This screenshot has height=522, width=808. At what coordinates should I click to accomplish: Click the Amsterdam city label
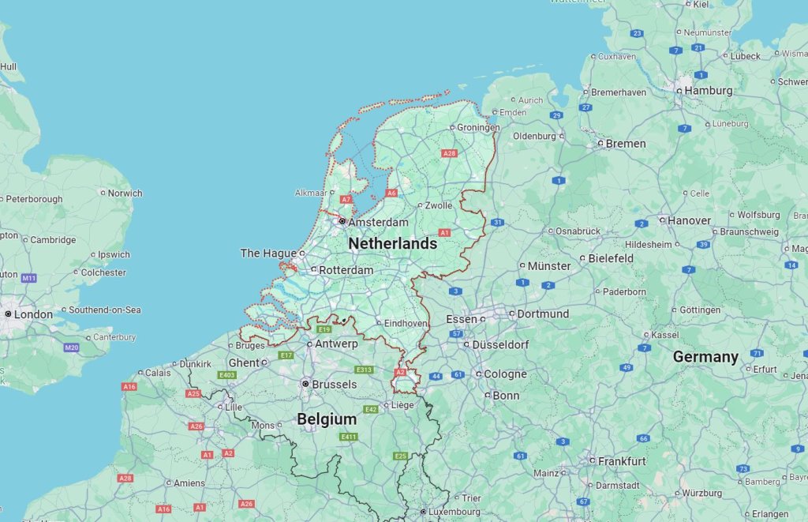click(x=378, y=223)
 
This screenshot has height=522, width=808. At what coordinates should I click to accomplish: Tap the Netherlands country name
click(x=392, y=244)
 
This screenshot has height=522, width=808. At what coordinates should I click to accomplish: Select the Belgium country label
click(x=327, y=420)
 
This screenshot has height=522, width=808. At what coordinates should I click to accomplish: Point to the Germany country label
click(x=705, y=357)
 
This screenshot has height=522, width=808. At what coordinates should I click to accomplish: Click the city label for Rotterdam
click(x=346, y=270)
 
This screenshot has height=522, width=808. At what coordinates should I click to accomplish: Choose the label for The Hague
click(x=267, y=253)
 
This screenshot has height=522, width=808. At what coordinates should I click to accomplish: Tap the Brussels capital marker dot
click(x=305, y=384)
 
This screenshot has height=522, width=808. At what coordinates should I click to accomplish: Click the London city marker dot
click(x=8, y=314)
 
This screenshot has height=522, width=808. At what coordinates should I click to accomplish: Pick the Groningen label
click(x=479, y=127)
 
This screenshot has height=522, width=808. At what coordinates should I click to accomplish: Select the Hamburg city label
click(x=709, y=91)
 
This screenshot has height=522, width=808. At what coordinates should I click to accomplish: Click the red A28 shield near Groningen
click(x=449, y=153)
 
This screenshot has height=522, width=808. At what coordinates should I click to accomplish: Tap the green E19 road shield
click(x=324, y=329)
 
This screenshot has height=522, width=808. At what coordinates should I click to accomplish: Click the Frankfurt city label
click(x=622, y=461)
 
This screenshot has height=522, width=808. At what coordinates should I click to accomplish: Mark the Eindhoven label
click(x=406, y=324)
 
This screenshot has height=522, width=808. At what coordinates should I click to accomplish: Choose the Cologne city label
click(x=505, y=374)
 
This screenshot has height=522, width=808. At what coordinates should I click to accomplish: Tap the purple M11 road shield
click(x=29, y=278)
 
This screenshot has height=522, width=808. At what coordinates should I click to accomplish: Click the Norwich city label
click(x=125, y=193)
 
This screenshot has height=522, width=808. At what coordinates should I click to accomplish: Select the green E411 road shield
click(x=349, y=437)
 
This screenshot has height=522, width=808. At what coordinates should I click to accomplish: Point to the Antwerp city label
click(x=336, y=344)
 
